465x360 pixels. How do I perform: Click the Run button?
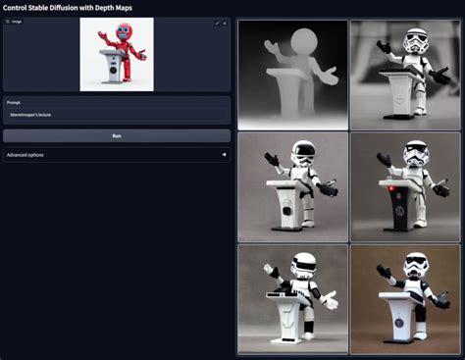click(117, 135)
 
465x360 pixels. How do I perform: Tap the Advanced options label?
click(25, 155)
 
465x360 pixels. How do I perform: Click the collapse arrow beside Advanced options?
click(224, 155)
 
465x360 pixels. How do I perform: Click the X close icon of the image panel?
click(225, 22)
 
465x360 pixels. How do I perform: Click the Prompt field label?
click(14, 101)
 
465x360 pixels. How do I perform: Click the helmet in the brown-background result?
click(416, 266)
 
